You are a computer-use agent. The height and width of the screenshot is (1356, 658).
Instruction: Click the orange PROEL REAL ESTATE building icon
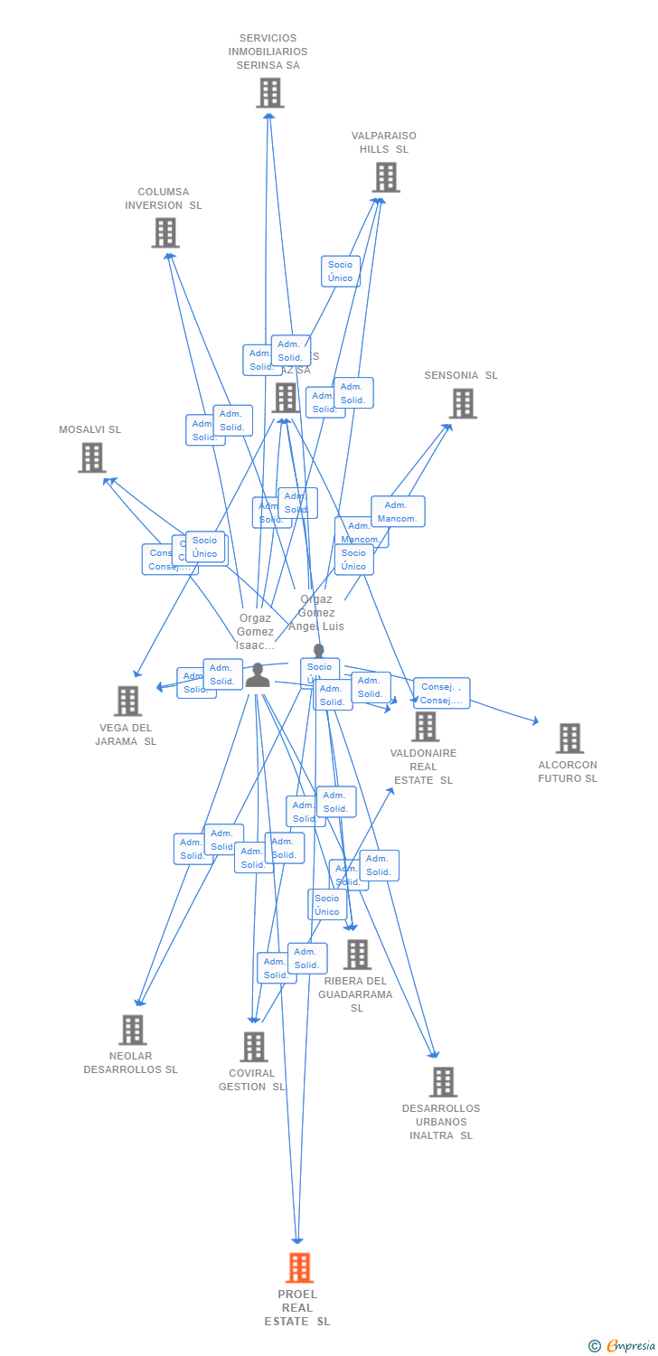[299, 1267]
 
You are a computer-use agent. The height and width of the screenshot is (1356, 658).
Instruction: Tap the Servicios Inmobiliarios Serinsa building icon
[269, 92]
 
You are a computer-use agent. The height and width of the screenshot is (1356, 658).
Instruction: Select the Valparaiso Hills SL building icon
[386, 177]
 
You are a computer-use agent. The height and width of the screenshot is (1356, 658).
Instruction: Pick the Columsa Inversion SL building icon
[165, 233]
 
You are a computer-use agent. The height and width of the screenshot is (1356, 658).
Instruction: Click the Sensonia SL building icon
[463, 403]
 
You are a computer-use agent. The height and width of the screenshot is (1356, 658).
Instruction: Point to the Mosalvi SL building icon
[91, 457]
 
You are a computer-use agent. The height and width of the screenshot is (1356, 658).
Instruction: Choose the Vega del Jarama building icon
[127, 701]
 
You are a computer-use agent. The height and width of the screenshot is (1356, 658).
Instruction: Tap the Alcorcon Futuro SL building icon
[569, 738]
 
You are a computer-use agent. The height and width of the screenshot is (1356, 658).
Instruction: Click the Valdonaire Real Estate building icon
[425, 726]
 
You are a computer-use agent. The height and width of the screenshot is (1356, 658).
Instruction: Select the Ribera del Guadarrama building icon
[357, 954]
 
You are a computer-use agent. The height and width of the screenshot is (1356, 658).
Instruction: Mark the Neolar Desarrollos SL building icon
[132, 1030]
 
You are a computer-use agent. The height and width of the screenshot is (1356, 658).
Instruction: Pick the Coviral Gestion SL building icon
[254, 1047]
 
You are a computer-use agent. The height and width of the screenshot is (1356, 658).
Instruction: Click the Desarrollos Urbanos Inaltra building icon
[443, 1081]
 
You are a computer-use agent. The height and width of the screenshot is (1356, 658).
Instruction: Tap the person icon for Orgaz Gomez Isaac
[258, 675]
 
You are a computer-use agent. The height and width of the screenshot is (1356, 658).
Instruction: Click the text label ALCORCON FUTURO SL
[568, 771]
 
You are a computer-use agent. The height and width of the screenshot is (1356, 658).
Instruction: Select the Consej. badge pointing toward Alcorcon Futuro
[442, 693]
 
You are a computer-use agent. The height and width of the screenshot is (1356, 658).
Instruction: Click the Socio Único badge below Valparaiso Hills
[341, 271]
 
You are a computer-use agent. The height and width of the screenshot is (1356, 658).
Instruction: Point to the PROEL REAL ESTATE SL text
[297, 1307]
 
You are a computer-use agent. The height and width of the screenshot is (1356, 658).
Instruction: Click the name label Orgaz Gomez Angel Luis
[316, 612]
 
